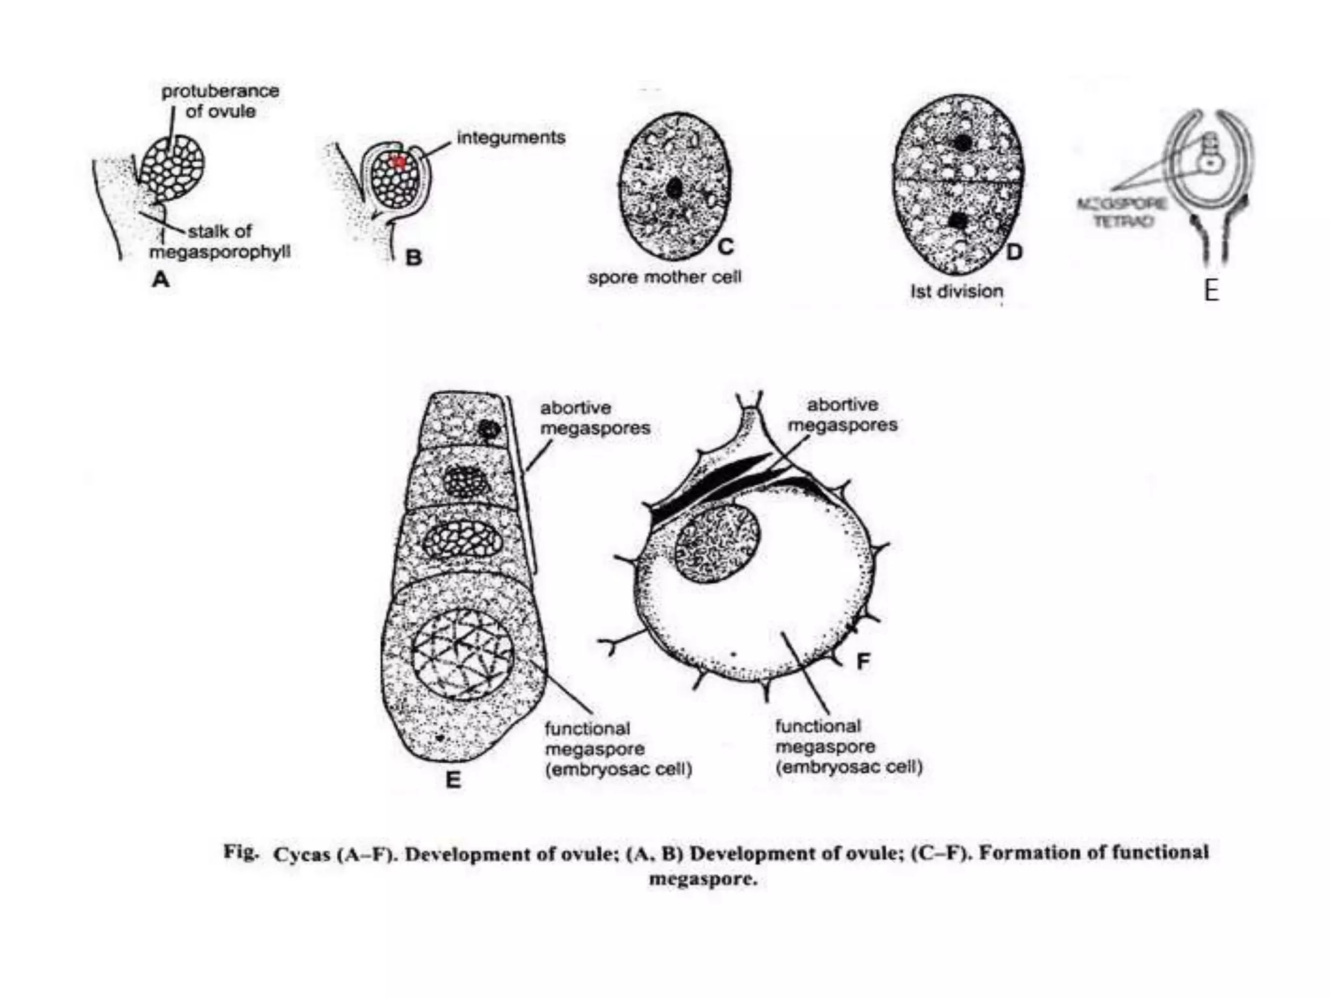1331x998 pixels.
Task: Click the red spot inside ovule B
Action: coord(398,162)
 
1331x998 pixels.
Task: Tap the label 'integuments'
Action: coord(511,138)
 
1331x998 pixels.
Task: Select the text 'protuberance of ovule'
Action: coord(220,101)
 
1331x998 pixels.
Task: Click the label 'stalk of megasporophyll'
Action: coord(220,241)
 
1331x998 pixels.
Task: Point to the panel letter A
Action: coord(161,280)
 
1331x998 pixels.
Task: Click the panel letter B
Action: coord(413,258)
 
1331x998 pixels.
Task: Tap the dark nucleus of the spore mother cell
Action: coord(675,188)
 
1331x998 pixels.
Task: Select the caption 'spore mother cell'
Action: coord(664,277)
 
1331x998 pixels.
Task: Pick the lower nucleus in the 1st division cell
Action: coord(957,221)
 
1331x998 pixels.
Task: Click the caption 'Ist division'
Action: coord(957,291)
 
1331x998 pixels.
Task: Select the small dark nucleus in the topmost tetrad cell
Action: coord(488,429)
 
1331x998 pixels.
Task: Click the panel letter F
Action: coord(863,662)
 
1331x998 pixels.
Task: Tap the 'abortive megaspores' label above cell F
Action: coord(842,415)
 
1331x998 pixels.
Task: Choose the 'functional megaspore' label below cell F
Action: coord(848,747)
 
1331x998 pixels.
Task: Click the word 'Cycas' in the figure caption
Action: coord(302,854)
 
